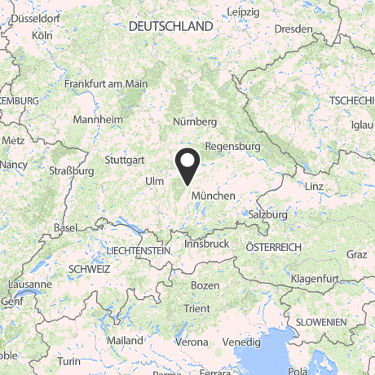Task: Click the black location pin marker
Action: pyautogui.click(x=188, y=165)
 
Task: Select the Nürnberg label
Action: pyautogui.click(x=195, y=121)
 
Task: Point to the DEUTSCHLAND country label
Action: pyautogui.click(x=170, y=27)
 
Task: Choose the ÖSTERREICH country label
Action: pyautogui.click(x=274, y=247)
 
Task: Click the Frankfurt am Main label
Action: pyautogui.click(x=106, y=84)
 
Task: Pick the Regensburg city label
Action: pyautogui.click(x=232, y=147)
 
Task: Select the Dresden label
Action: pyautogui.click(x=294, y=29)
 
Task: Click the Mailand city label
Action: pyautogui.click(x=126, y=341)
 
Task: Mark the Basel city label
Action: pyautogui.click(x=64, y=227)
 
